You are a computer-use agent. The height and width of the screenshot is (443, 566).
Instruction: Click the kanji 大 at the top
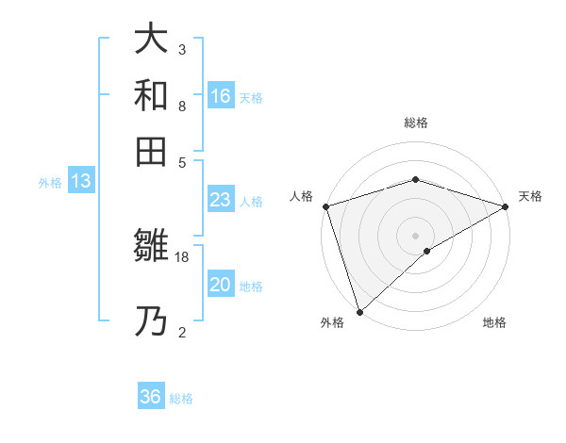pos(151,39)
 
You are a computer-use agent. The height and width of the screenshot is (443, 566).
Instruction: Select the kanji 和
pos(151,95)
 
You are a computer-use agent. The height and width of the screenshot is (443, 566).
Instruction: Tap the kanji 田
pos(151,151)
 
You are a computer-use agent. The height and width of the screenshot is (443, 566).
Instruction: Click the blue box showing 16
pos(221,96)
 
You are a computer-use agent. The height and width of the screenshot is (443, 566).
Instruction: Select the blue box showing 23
pos(221,200)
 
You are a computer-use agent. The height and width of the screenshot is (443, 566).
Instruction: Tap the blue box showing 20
pos(221,285)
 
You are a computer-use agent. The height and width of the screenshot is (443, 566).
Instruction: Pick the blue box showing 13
pos(81,182)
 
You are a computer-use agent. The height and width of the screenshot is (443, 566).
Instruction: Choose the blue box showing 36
pos(151,397)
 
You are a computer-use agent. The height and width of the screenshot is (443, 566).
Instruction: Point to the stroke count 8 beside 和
pos(181,106)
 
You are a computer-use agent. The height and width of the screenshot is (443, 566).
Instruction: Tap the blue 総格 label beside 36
pos(181,399)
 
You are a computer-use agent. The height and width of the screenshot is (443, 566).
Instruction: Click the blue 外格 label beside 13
pos(50,183)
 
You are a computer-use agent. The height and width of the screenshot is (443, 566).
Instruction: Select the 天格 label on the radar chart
pos(530,196)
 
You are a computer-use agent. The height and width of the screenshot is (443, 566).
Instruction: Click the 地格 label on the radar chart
pos(494,323)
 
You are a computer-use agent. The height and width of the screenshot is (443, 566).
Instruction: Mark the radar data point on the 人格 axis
pos(325,206)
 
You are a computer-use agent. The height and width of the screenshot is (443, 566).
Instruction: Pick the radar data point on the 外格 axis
pos(359,311)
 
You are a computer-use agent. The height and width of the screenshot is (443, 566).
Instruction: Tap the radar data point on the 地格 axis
pos(427,251)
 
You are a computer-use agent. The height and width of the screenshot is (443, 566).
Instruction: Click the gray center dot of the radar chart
pos(415,235)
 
